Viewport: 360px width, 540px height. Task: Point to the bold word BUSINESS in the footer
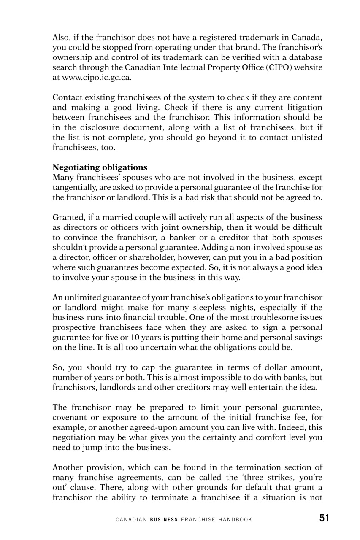[x=164, y=520]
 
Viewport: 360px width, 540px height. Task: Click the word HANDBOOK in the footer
[x=234, y=520]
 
